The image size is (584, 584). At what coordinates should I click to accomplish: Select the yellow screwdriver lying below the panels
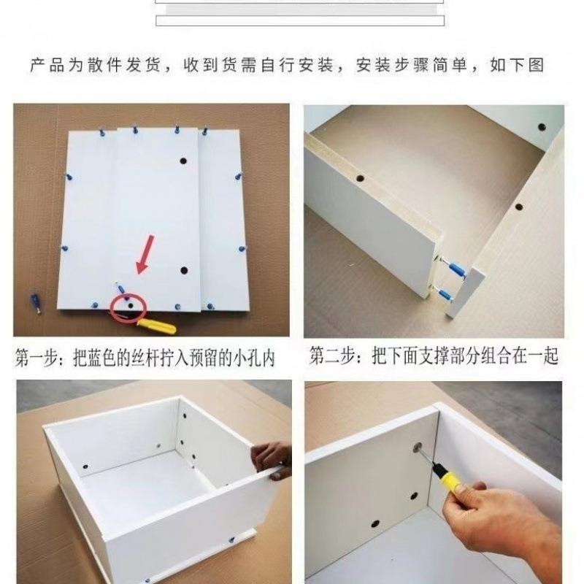coord(156,325)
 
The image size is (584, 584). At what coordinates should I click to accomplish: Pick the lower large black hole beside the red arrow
coord(184,270)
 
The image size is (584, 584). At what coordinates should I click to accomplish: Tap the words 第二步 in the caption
coord(330,356)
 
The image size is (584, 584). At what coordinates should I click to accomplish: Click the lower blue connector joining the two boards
coord(447,294)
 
